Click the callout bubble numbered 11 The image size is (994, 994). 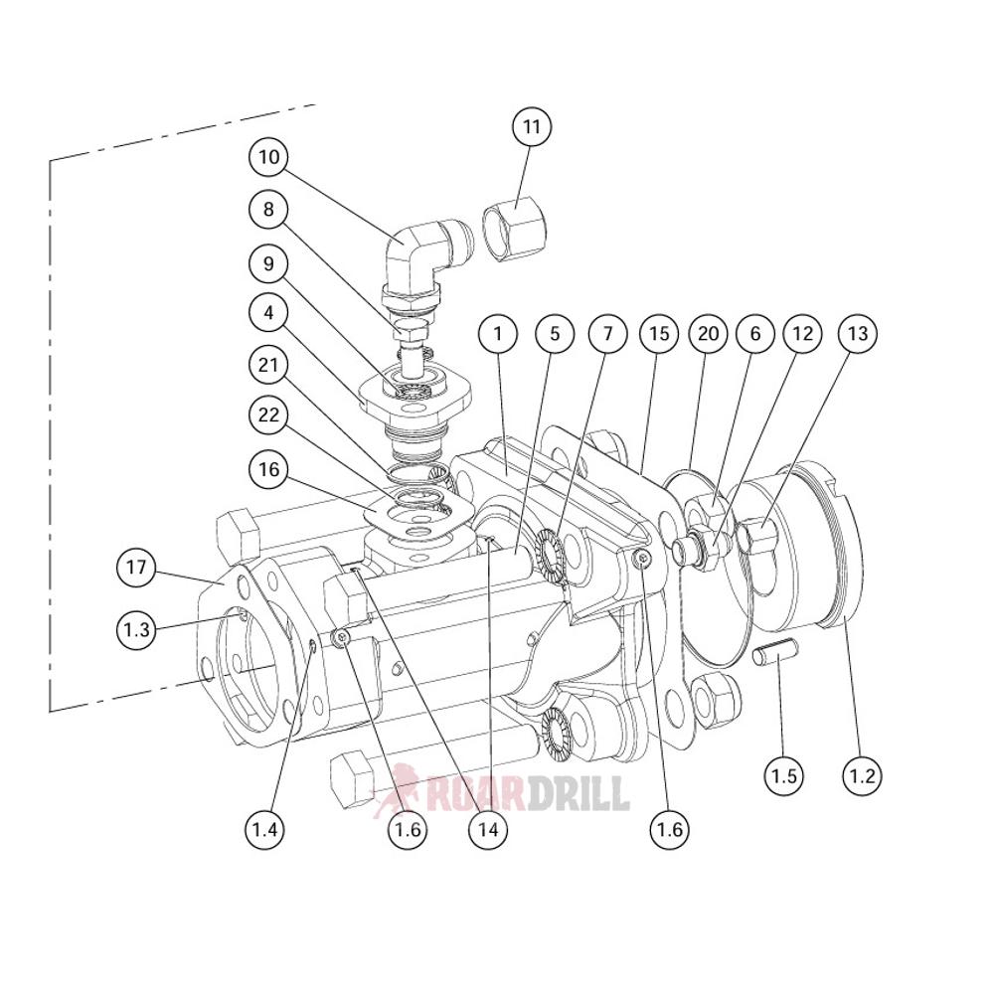tap(532, 127)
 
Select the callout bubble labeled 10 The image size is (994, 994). tap(268, 156)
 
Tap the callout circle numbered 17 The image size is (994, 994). tap(136, 568)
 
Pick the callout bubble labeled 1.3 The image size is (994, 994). tap(136, 628)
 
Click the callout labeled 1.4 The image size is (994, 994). tap(266, 827)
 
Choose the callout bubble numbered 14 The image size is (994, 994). tap(487, 827)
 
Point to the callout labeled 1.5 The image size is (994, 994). tap(784, 774)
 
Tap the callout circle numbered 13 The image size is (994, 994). tap(858, 334)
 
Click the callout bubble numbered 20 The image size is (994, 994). tap(708, 334)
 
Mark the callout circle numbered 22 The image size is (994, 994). tap(268, 416)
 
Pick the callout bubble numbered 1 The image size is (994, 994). tap(498, 334)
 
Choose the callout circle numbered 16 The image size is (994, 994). tap(268, 470)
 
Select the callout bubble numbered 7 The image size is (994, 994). tap(607, 334)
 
